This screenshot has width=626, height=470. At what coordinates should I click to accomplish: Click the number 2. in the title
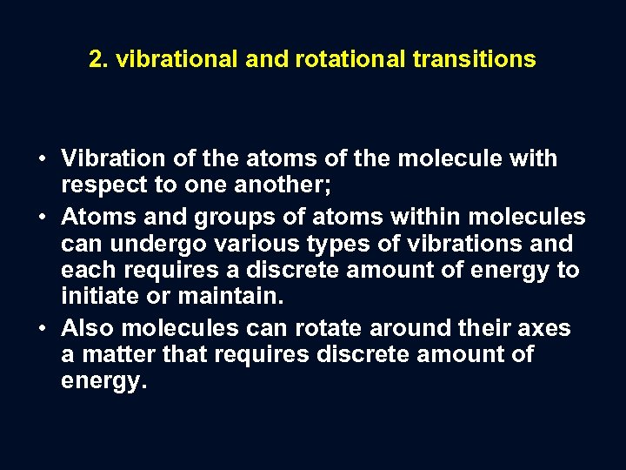point(98,59)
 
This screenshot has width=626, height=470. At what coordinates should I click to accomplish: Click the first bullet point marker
point(43,159)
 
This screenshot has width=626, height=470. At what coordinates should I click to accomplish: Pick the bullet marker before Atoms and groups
point(43,217)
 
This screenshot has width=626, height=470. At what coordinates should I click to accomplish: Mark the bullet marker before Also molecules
point(43,329)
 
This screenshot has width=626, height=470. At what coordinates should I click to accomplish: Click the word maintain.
point(230,297)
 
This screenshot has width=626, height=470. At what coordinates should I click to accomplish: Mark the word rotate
point(329,329)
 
